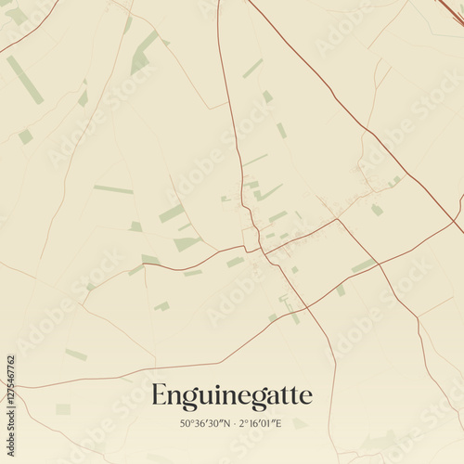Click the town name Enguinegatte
click(232, 395)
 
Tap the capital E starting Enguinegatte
click(160, 395)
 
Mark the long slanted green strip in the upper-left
click(25, 80)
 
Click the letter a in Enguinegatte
click(277, 397)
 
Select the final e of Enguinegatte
click(307, 397)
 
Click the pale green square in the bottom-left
click(63, 409)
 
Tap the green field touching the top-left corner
click(13, 13)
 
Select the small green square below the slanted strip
click(25, 136)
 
